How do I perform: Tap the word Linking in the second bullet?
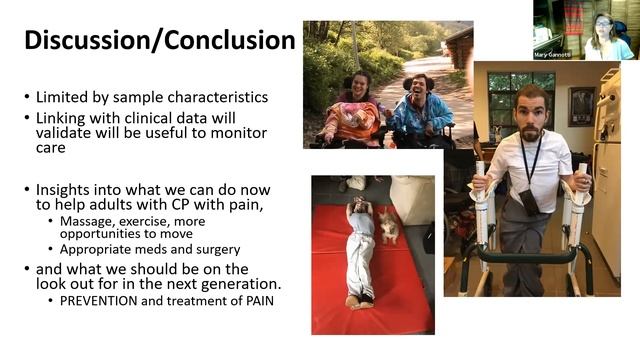63,117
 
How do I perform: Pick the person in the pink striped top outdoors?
351,111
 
